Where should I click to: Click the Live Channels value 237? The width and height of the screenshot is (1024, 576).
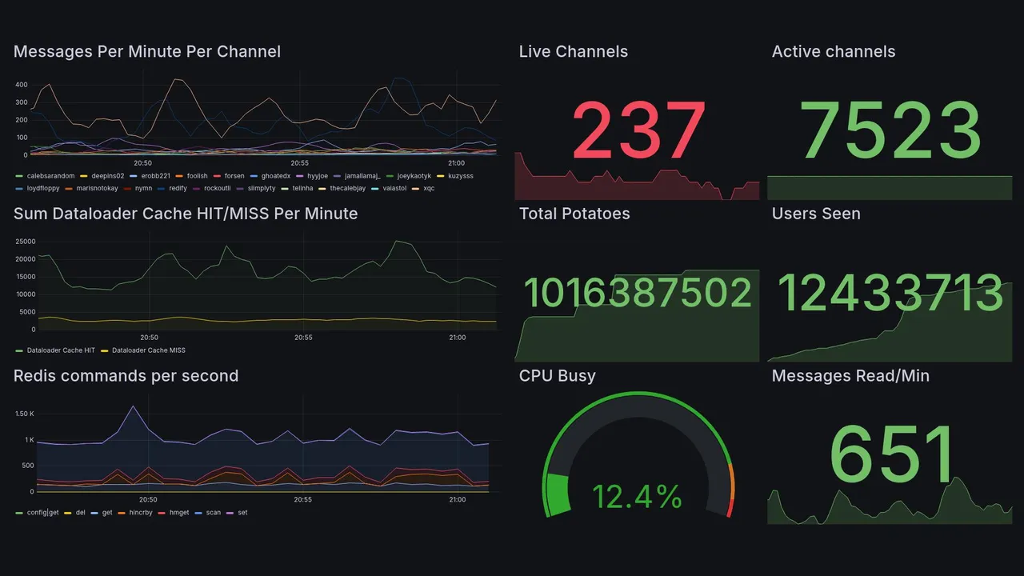[638, 130]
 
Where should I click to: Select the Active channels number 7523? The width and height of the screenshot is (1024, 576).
[891, 130]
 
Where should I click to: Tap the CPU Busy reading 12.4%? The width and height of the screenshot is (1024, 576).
[637, 497]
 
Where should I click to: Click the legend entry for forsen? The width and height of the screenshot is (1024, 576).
[234, 176]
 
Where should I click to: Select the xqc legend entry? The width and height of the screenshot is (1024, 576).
[429, 189]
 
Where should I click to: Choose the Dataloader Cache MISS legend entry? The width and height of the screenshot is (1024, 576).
[149, 350]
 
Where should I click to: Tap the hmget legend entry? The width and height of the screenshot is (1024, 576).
[178, 512]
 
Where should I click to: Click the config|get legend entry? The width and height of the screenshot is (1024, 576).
[42, 512]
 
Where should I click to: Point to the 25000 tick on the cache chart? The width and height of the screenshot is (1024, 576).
[26, 242]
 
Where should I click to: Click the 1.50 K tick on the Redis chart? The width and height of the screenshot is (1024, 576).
[25, 414]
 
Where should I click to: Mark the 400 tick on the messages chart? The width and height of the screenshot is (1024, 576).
[22, 85]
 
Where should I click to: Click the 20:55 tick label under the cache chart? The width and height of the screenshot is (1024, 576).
[302, 338]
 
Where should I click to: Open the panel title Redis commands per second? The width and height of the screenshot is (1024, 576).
[126, 376]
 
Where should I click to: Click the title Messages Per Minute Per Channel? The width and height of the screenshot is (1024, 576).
[147, 52]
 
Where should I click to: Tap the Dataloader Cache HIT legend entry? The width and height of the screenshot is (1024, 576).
[60, 350]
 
